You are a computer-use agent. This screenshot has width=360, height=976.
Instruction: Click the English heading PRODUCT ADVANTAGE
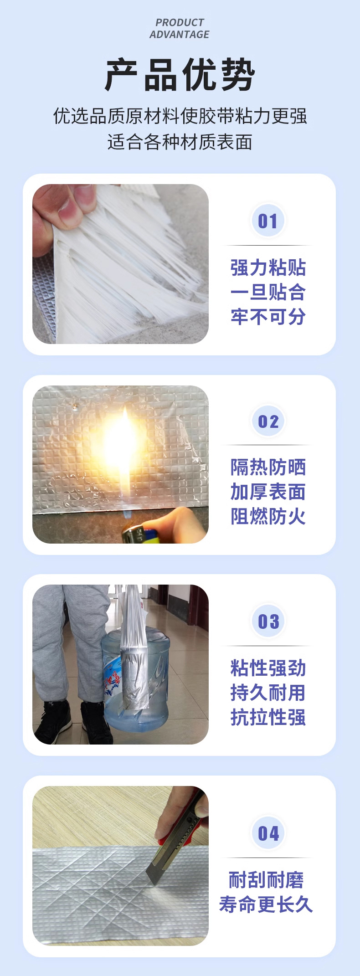(180, 28)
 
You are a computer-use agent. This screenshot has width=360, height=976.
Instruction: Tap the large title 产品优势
(180, 75)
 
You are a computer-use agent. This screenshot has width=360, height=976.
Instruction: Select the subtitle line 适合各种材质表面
(180, 142)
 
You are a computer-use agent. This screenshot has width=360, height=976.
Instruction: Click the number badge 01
(268, 221)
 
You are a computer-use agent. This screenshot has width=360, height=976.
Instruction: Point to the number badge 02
(268, 421)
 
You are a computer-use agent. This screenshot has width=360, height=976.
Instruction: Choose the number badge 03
(268, 622)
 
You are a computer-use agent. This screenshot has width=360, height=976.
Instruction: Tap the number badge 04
(268, 833)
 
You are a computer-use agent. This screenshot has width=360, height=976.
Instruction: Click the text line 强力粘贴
(268, 267)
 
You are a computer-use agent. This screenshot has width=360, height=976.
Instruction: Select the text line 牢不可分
(268, 317)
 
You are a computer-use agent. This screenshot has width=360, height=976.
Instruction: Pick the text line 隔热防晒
(268, 467)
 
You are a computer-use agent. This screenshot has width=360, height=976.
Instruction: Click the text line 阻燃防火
(268, 517)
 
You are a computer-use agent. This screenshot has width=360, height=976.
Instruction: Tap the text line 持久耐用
(268, 693)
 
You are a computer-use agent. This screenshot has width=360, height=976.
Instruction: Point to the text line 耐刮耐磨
(266, 880)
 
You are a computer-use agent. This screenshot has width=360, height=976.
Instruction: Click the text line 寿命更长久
(266, 904)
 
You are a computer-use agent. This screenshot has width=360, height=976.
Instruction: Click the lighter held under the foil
(139, 534)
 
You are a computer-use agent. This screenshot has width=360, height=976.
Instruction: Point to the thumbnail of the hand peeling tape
(120, 264)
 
